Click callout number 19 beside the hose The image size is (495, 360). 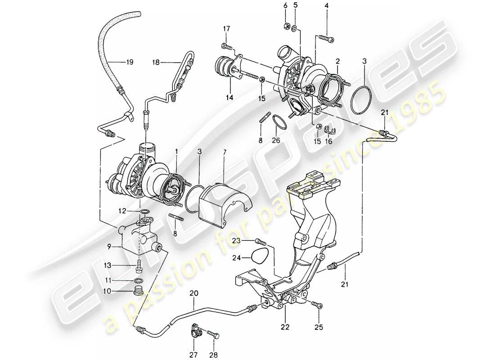click(x=130, y=63)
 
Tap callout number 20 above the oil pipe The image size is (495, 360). click(x=193, y=292)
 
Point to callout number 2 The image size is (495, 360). click(x=337, y=60)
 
